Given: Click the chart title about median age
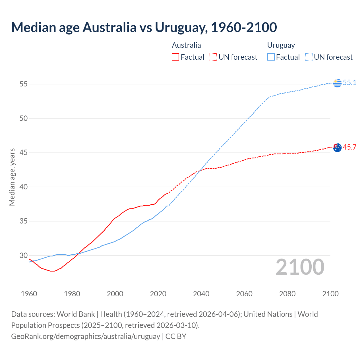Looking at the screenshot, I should (144, 27).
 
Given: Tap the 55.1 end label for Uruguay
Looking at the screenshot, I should (349, 82).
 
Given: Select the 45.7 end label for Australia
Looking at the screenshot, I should (349, 147).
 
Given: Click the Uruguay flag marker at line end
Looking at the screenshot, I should (337, 83).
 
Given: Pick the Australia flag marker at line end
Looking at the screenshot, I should (337, 148).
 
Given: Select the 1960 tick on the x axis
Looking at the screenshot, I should (29, 294).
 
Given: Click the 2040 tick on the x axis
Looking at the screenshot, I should (201, 294).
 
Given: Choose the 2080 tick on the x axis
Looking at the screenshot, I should (287, 294).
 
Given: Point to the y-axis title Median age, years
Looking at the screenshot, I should (12, 177).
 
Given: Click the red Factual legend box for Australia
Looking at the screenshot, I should (175, 57).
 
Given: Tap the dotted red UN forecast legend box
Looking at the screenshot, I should (213, 57).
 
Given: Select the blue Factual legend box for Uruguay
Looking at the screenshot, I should (271, 57).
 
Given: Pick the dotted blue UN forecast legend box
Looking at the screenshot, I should (309, 57).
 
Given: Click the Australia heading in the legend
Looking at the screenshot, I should (186, 45).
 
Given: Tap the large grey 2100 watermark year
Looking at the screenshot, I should (300, 267).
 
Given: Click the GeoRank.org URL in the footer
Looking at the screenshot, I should (86, 336).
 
